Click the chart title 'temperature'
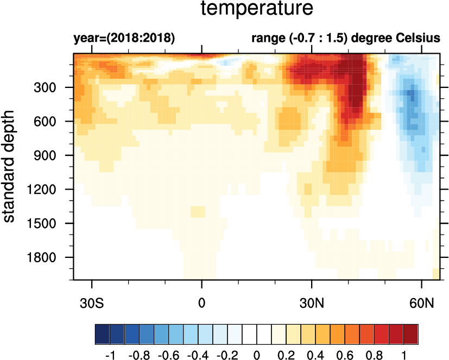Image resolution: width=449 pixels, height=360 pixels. (257, 9)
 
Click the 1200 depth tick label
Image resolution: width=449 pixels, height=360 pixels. (50, 190)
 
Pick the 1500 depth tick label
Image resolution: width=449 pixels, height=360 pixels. (50, 223)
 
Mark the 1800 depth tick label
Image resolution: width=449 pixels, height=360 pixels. (50, 257)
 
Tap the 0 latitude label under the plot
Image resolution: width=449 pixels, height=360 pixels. (202, 301)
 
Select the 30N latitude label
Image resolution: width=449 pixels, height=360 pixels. (312, 301)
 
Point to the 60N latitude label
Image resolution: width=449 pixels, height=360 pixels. (422, 301)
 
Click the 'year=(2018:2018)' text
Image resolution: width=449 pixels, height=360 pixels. (124, 39)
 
